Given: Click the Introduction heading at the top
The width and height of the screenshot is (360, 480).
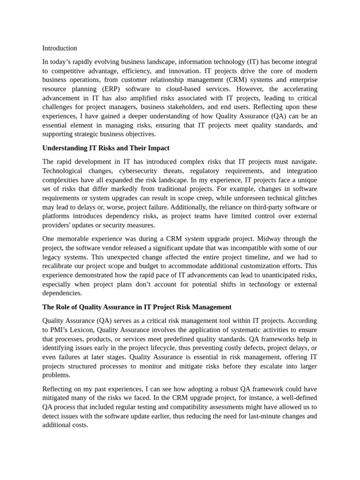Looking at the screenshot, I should [60, 48].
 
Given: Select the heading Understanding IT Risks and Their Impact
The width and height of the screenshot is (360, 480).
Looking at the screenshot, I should [106, 148].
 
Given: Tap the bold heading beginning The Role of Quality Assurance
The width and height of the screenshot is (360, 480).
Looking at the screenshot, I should [137, 307].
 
